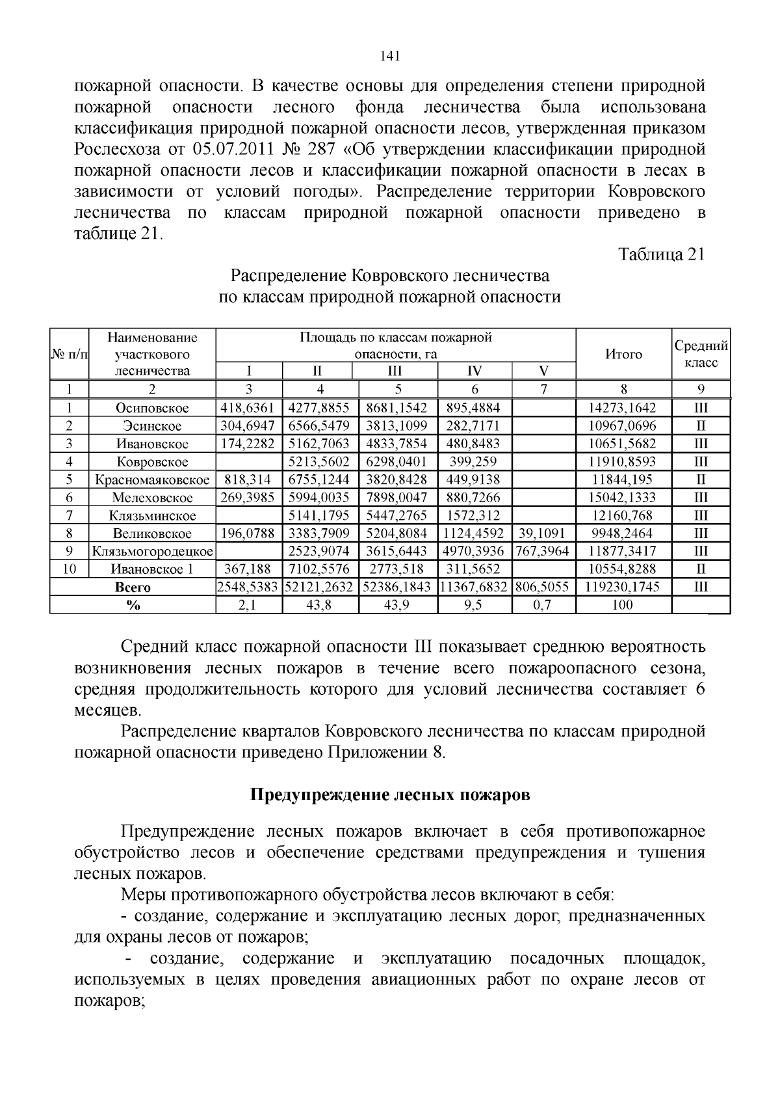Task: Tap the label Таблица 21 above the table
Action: (x=661, y=254)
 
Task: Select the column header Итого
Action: (x=623, y=354)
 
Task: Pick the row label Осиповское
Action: (x=152, y=408)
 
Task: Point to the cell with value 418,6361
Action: (x=248, y=408)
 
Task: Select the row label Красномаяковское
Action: (x=152, y=480)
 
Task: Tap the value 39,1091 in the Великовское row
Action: (x=543, y=533)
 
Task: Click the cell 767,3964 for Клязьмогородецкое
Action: (x=543, y=551)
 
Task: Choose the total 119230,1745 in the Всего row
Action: (x=623, y=587)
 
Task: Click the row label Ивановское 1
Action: (x=152, y=569)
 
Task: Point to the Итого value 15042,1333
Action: (x=623, y=498)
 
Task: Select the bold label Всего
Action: (x=133, y=587)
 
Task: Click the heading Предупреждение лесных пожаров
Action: (x=390, y=795)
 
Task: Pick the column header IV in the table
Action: (x=474, y=371)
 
